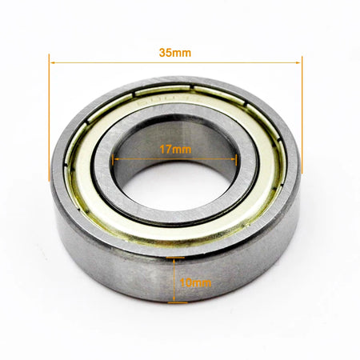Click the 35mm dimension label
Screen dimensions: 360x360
pyautogui.click(x=175, y=52)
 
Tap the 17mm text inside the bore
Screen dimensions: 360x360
pyautogui.click(x=175, y=149)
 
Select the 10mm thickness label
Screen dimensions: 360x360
pyautogui.click(x=194, y=282)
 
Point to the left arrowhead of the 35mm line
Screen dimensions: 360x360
pyautogui.click(x=52, y=62)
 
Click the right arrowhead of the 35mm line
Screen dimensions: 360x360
pyautogui.click(x=299, y=62)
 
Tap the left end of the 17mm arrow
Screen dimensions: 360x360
pyautogui.click(x=116, y=158)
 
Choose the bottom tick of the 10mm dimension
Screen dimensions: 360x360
pyautogui.click(x=178, y=303)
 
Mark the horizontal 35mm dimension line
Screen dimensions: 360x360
pyautogui.click(x=120, y=62)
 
